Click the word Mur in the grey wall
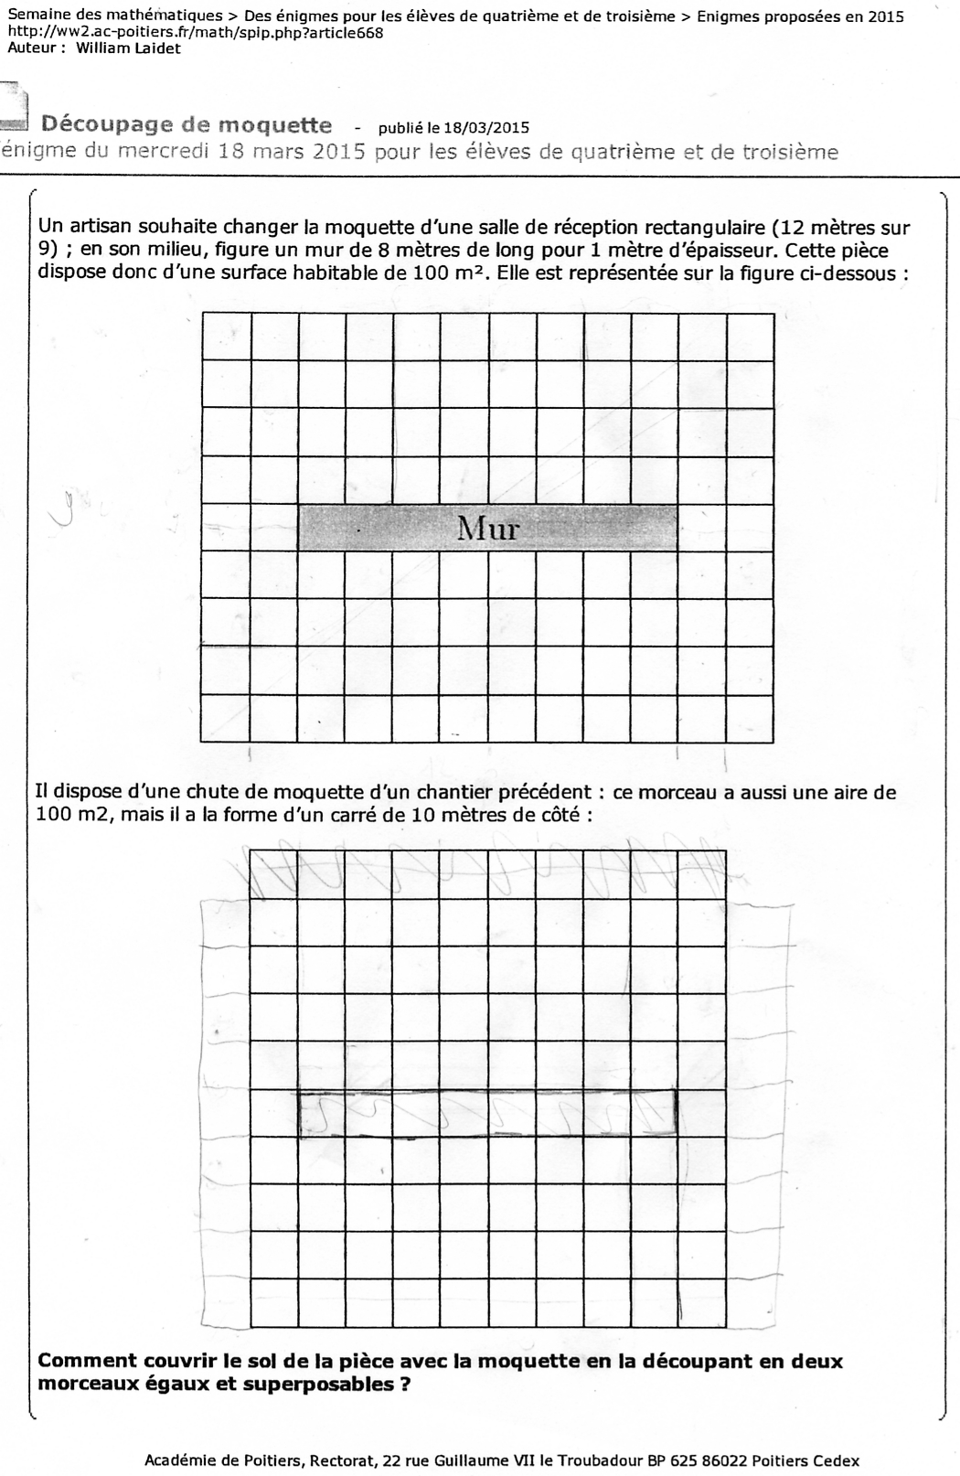[x=487, y=528]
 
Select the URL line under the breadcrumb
[x=196, y=33]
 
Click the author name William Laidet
[x=128, y=48]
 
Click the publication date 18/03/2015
[x=485, y=128]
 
